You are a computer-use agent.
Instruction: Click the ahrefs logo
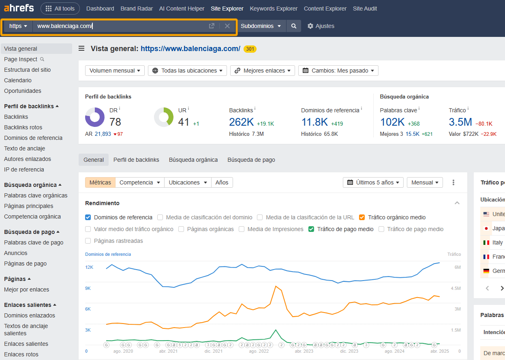(19, 8)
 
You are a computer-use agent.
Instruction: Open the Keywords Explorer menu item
(274, 9)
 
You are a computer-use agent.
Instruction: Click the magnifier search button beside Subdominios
(294, 26)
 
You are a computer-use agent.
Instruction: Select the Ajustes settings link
(321, 26)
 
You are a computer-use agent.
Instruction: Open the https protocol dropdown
(18, 26)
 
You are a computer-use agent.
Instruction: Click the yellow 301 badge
(250, 49)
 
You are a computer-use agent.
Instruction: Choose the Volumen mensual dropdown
(115, 71)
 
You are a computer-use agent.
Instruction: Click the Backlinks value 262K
(241, 122)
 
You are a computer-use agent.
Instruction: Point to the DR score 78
(115, 122)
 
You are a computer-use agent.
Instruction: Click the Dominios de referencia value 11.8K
(315, 122)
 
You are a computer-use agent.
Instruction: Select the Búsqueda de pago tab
(251, 160)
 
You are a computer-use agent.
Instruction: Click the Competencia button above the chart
(139, 182)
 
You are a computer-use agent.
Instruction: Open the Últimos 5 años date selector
(373, 182)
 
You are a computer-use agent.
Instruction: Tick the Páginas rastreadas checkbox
(88, 241)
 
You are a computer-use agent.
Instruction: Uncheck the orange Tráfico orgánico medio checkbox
(362, 217)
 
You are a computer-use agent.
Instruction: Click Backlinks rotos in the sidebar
(23, 127)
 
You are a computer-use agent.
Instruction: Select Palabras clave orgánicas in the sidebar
(36, 195)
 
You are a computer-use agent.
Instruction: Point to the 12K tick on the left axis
(89, 267)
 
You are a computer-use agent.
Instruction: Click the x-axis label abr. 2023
(304, 351)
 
